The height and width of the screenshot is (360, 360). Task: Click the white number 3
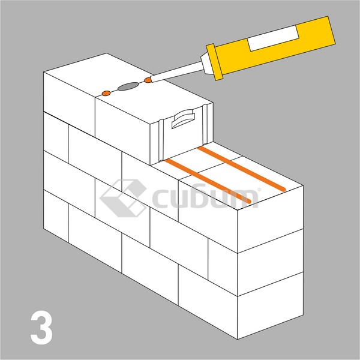(41, 327)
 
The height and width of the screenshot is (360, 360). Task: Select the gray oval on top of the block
(127, 87)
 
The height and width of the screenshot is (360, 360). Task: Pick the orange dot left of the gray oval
(106, 93)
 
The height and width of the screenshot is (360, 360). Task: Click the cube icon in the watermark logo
(123, 198)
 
